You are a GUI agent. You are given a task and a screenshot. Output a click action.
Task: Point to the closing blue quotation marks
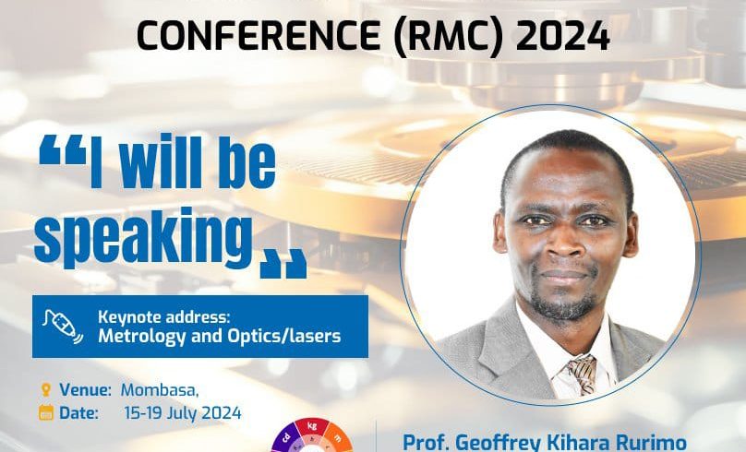(283, 264)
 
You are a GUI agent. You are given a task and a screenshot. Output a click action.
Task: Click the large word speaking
(143, 238)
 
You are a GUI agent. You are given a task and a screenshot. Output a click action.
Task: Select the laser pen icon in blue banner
(63, 326)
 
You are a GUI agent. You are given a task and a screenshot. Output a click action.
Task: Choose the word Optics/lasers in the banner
(284, 337)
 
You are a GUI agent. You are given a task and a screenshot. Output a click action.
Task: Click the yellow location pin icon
(45, 390)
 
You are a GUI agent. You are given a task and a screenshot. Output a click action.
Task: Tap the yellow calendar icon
(45, 412)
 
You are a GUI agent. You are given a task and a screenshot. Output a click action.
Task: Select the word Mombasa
(160, 390)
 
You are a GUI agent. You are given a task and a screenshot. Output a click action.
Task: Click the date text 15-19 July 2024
(183, 413)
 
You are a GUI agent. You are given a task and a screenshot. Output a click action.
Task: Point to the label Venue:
(85, 390)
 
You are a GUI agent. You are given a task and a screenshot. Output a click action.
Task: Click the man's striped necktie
(581, 374)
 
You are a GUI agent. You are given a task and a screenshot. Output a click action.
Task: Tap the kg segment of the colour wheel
(312, 427)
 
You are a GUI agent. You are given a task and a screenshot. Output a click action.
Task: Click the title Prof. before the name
(426, 442)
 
